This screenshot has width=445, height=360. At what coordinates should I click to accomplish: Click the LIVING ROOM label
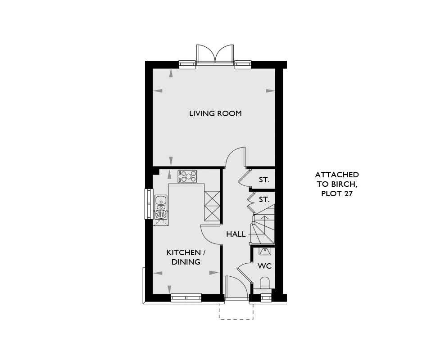(215, 114)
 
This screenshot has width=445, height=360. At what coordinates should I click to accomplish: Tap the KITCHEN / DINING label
(186, 257)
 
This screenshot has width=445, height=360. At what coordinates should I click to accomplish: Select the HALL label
(236, 234)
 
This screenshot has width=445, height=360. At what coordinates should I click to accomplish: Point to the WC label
(264, 266)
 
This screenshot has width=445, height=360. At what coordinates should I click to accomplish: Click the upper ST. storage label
(264, 180)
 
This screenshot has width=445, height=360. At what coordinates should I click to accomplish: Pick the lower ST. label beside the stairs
(264, 199)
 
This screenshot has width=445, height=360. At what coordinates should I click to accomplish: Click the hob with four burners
(187, 176)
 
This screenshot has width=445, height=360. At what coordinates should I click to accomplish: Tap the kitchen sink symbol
(161, 207)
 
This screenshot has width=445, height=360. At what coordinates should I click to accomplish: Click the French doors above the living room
(215, 54)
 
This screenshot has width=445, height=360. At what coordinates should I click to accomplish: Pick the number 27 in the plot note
(348, 193)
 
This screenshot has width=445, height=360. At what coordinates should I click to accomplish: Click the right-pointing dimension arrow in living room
(270, 91)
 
